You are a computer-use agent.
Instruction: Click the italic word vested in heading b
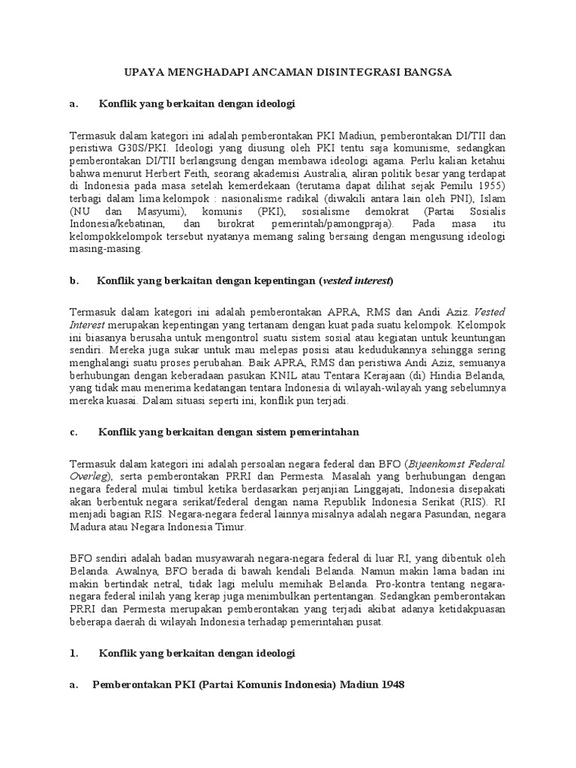pyautogui.click(x=337, y=281)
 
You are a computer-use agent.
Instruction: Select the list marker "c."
pyautogui.click(x=73, y=433)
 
